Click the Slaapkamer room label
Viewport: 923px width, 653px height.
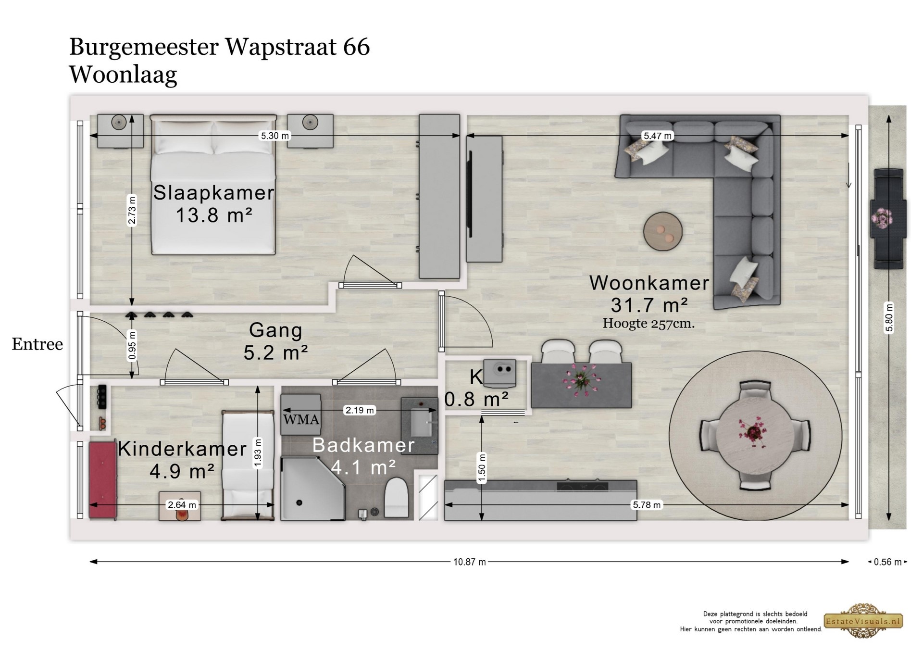(x=213, y=193)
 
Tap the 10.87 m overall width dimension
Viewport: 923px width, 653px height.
(x=469, y=562)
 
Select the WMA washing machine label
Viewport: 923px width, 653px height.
(x=301, y=420)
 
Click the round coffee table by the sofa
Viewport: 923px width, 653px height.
(x=663, y=231)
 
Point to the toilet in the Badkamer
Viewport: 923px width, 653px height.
(x=397, y=498)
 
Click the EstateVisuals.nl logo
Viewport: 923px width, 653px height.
(x=864, y=621)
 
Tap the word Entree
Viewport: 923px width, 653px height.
(x=37, y=344)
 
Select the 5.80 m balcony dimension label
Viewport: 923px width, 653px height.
(x=889, y=317)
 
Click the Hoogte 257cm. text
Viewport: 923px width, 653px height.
(x=649, y=323)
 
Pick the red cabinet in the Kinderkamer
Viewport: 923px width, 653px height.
(x=103, y=479)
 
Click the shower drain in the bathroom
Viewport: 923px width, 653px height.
(x=299, y=503)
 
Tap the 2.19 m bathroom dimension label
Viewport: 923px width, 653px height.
(x=360, y=410)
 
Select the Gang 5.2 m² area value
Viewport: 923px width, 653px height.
(x=275, y=353)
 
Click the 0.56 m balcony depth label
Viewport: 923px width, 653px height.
(x=887, y=562)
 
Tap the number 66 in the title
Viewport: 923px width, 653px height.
(x=356, y=47)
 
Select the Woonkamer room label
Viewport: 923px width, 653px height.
(x=649, y=283)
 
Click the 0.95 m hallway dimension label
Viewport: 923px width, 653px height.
(x=132, y=345)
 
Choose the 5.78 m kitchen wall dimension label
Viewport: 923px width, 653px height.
(x=647, y=505)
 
